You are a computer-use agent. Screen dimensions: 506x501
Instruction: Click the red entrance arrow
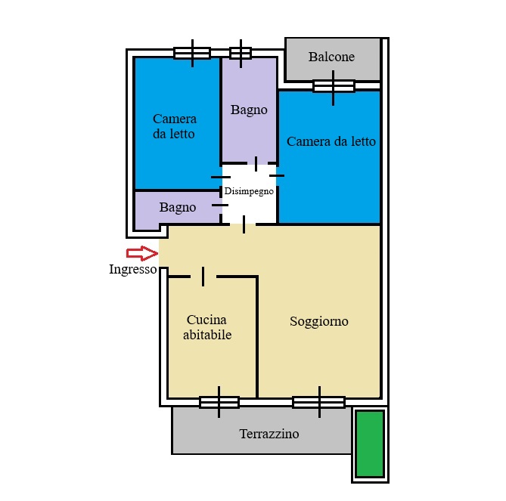pyautogui.click(x=142, y=253)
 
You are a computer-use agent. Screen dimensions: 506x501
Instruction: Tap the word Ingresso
pyautogui.click(x=133, y=269)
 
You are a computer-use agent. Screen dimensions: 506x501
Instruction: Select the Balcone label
pyautogui.click(x=331, y=57)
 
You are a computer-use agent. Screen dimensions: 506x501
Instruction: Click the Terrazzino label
pyautogui.click(x=269, y=434)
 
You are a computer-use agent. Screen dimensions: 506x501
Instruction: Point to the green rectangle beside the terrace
pyautogui.click(x=370, y=444)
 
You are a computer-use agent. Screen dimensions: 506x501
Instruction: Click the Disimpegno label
pyautogui.click(x=249, y=191)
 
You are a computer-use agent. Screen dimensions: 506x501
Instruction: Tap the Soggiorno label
pyautogui.click(x=319, y=321)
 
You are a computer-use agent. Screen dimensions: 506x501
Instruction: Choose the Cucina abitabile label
pyautogui.click(x=207, y=327)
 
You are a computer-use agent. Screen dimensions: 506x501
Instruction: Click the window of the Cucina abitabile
pyautogui.click(x=219, y=402)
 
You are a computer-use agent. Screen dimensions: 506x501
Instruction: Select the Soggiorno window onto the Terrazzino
pyautogui.click(x=319, y=402)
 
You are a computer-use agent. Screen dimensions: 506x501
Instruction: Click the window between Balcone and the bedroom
pyautogui.click(x=334, y=86)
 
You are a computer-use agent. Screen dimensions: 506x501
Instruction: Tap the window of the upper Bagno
pyautogui.click(x=241, y=53)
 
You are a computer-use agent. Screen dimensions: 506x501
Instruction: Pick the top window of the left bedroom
pyautogui.click(x=192, y=53)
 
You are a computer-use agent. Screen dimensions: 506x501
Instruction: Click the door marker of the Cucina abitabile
pyautogui.click(x=203, y=277)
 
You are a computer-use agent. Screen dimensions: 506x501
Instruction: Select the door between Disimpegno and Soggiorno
pyautogui.click(x=244, y=224)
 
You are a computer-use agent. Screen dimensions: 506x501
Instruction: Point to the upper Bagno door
pyautogui.click(x=256, y=163)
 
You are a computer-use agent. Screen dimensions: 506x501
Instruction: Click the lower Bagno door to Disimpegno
pyautogui.click(x=220, y=205)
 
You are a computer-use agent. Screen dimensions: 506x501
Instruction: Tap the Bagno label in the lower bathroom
pyautogui.click(x=178, y=208)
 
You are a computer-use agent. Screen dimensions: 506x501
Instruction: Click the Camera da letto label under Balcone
pyautogui.click(x=331, y=141)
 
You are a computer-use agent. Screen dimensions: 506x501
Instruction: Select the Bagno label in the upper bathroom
pyautogui.click(x=249, y=110)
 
